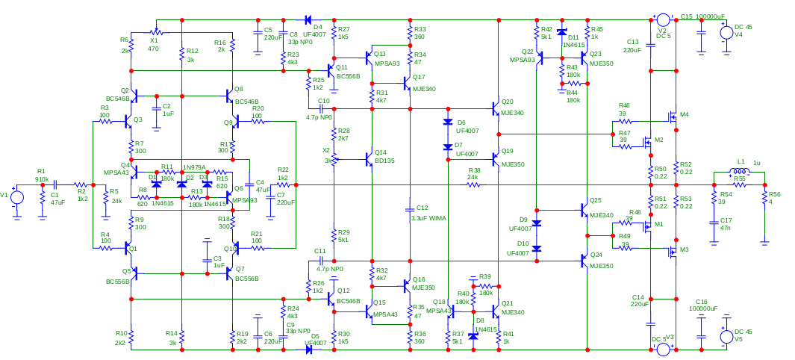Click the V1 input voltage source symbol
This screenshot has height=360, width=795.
point(17,198)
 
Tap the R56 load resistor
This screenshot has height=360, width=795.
point(764,196)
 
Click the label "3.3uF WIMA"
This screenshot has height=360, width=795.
point(428,218)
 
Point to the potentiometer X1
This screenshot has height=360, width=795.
point(156,32)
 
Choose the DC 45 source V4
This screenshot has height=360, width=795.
point(724,32)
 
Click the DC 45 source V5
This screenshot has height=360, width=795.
point(724,337)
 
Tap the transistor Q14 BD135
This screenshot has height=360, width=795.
point(367,158)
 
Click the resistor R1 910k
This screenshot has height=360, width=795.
point(42,184)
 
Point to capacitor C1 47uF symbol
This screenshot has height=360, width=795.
point(54,184)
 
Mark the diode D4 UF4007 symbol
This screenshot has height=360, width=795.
point(308,20)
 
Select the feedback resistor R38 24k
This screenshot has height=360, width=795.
point(473,184)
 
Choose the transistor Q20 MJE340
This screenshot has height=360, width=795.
point(495,108)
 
